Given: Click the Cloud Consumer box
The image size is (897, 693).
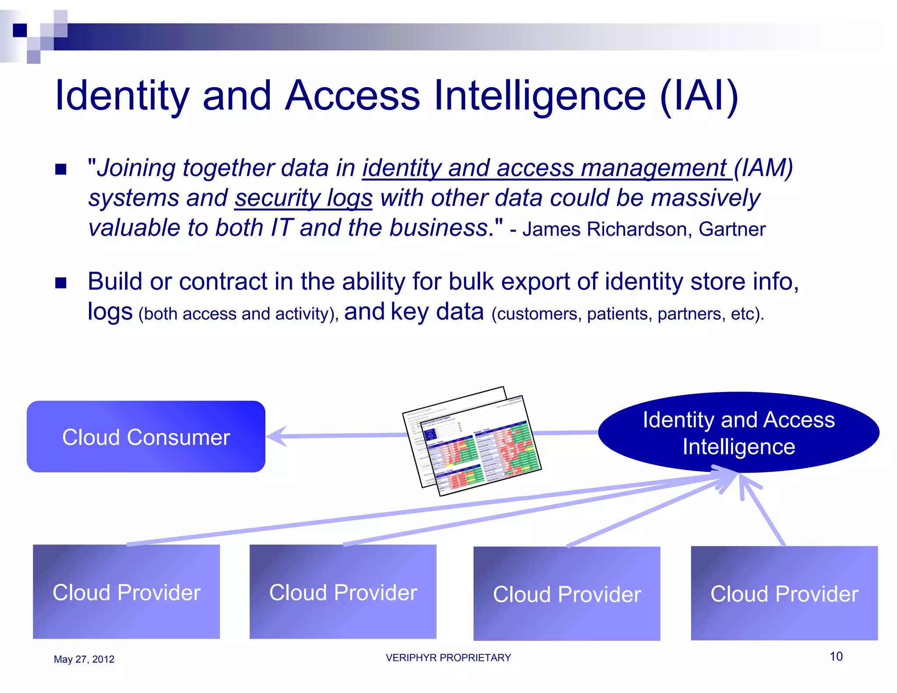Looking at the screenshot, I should [146, 437].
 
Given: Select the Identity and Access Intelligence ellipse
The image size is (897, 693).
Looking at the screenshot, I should [738, 432].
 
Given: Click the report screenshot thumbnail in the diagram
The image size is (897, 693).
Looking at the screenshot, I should [472, 441].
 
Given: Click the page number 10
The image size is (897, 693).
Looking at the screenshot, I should [836, 656].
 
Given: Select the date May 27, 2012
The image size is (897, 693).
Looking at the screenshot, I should [84, 659].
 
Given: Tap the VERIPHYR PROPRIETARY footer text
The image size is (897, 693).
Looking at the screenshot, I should [448, 658].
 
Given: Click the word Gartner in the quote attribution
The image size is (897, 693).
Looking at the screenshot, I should [732, 229].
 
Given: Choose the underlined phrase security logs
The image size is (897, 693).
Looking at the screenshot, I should [304, 198].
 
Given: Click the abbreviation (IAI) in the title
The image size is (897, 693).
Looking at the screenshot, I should [699, 95].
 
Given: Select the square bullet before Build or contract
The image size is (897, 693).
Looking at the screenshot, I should [61, 283].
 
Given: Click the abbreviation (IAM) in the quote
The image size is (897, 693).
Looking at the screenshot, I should [763, 168].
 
